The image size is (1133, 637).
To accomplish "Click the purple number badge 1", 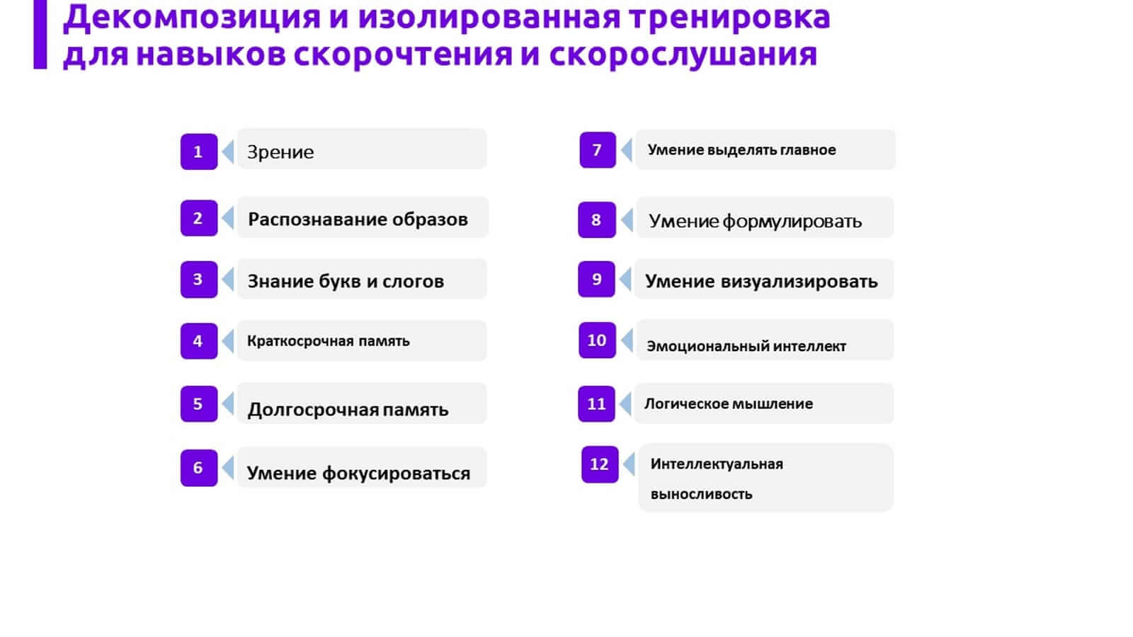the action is tap(199, 151).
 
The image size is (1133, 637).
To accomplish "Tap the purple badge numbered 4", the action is tap(199, 340).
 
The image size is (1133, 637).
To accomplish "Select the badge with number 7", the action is tap(598, 150).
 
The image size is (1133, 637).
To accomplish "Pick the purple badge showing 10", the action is tap(597, 340).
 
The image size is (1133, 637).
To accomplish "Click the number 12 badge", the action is tap(600, 464).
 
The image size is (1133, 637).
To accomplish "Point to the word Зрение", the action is tap(280, 152).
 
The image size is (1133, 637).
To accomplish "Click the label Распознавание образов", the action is tap(358, 219).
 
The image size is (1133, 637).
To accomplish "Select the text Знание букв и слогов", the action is tap(346, 281).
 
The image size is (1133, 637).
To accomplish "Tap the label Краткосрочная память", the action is tap(329, 341).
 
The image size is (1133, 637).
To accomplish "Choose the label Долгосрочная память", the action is tap(348, 410).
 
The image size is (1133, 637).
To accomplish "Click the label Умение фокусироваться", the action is tap(358, 474).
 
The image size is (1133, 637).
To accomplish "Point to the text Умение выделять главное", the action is tap(741, 150).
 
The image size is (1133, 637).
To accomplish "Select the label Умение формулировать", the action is tap(755, 222).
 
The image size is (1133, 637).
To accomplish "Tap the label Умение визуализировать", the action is tap(761, 281).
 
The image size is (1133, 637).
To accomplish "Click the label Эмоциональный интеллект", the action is tap(746, 346).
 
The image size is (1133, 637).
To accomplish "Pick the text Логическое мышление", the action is tap(729, 404).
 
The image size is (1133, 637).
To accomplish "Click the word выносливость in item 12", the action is tap(701, 494).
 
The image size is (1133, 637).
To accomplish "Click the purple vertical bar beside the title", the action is tap(40, 35).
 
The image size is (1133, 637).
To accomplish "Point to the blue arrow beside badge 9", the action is tap(625, 280).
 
